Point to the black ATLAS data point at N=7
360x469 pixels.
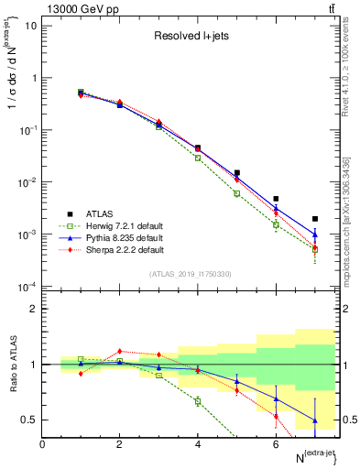(315, 219)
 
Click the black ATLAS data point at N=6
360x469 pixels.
(276, 199)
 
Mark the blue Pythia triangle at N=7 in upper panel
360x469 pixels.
(315, 235)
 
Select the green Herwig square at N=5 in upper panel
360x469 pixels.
(236, 193)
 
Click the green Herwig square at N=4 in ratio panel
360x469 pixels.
(198, 401)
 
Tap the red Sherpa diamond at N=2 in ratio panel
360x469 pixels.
(119, 351)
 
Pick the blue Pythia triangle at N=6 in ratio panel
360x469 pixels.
(276, 399)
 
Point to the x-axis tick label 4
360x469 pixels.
(198, 443)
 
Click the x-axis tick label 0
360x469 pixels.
(42, 443)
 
